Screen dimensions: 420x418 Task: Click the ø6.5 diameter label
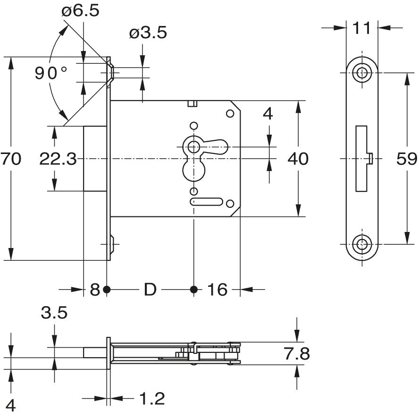[x=80, y=10]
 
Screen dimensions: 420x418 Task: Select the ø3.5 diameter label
[x=148, y=34]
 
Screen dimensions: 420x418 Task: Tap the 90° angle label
[x=51, y=73]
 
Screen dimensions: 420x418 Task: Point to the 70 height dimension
[x=11, y=159]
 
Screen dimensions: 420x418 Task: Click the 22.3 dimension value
[x=58, y=159]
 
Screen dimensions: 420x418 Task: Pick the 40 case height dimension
[x=298, y=159]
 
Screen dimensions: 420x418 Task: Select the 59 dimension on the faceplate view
[x=407, y=159]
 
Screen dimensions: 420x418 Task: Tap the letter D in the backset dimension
[x=150, y=289]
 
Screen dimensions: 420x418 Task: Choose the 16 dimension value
[x=217, y=289]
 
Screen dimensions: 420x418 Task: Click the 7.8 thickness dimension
[x=297, y=353]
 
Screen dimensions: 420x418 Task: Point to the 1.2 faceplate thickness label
[x=152, y=399]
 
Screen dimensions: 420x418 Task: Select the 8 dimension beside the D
[x=95, y=289]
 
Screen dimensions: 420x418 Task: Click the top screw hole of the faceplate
[x=362, y=73]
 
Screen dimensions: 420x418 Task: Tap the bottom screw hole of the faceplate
[x=362, y=244]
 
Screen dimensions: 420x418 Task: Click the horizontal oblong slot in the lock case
[x=206, y=202]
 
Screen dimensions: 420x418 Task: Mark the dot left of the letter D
[x=107, y=289]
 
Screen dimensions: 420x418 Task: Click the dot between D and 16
[x=193, y=289]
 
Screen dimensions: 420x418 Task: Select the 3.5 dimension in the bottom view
[x=54, y=313]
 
